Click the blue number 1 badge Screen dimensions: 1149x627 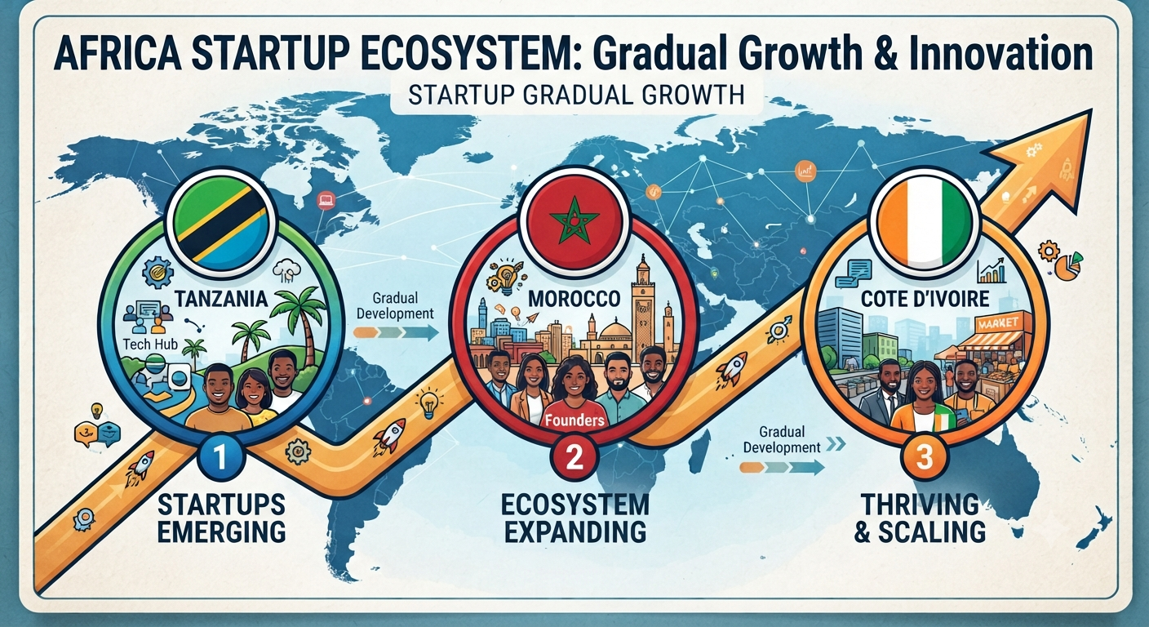[x=220, y=457]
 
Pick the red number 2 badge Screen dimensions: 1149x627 [x=574, y=457]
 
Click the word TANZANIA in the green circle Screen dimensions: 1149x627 [x=221, y=299]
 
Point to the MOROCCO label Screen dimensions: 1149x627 [x=574, y=299]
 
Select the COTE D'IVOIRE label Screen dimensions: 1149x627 [x=925, y=299]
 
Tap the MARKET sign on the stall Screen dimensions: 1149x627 [x=998, y=323]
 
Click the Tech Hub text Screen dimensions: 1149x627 [x=150, y=343]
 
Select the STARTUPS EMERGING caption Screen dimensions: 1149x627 [x=221, y=518]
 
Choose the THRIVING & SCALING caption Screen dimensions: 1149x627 [x=920, y=518]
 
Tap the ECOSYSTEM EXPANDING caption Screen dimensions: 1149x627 [x=574, y=518]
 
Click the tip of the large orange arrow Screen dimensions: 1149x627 [x=1092, y=109]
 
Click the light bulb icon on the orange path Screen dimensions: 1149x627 [x=428, y=404]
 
